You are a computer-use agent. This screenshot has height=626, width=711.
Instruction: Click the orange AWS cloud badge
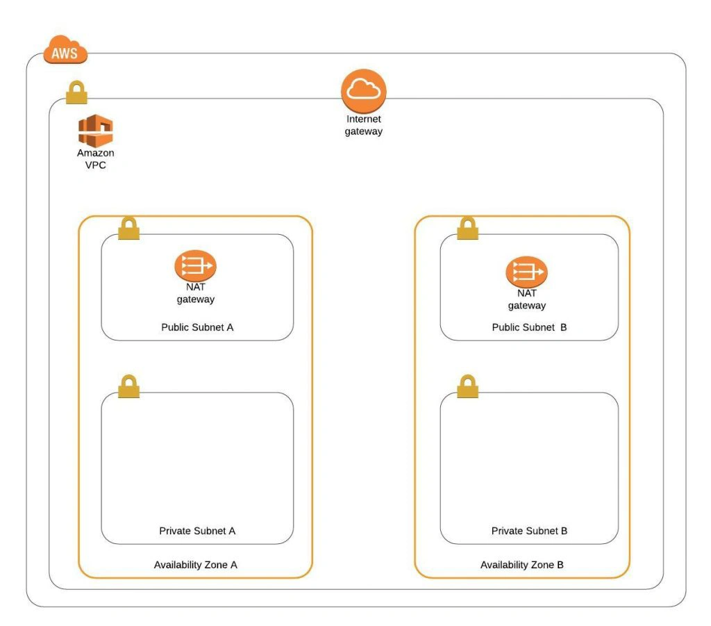click(x=65, y=49)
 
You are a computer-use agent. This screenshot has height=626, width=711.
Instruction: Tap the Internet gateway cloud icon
click(x=364, y=91)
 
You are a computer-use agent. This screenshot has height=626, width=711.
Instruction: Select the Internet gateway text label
click(x=364, y=125)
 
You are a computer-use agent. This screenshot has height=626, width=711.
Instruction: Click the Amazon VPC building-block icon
click(x=96, y=131)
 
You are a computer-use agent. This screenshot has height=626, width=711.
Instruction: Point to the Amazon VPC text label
click(x=96, y=159)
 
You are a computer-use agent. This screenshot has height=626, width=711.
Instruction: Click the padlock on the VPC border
click(x=76, y=92)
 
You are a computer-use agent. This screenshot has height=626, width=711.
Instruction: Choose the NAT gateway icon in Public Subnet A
click(x=195, y=265)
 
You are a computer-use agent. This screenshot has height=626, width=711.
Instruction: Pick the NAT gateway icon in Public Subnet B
click(x=527, y=272)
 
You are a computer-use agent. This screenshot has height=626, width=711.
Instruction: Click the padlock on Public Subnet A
click(x=128, y=228)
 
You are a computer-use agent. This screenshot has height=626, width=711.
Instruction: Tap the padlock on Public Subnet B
click(x=467, y=228)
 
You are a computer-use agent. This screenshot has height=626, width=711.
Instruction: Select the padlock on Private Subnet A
click(x=128, y=386)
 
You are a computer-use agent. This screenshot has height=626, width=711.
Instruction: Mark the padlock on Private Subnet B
click(x=467, y=386)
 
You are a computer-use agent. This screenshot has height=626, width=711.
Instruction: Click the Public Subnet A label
click(x=197, y=327)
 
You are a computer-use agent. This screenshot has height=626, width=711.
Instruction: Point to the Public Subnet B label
click(x=529, y=327)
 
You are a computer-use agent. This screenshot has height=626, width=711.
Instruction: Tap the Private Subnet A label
click(x=197, y=531)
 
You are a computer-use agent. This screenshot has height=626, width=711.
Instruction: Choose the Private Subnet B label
click(x=529, y=531)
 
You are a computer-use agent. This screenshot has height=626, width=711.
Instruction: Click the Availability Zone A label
click(x=195, y=565)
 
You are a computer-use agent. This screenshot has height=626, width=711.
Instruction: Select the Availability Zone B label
click(x=522, y=565)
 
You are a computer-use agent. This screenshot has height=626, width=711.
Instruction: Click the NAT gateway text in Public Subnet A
click(x=195, y=293)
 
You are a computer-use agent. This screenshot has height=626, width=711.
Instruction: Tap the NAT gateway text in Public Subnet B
click(x=527, y=299)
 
